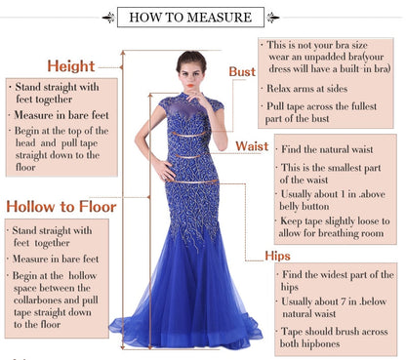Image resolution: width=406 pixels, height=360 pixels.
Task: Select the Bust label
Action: [242, 71]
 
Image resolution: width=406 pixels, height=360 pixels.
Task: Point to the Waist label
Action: [252, 146]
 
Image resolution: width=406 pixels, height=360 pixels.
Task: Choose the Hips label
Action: [277, 256]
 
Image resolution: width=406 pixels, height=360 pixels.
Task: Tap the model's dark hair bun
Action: [190, 59]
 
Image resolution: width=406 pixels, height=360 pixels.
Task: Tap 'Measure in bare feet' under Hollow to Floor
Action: [58, 260]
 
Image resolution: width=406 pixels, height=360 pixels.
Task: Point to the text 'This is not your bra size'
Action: [317, 45]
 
